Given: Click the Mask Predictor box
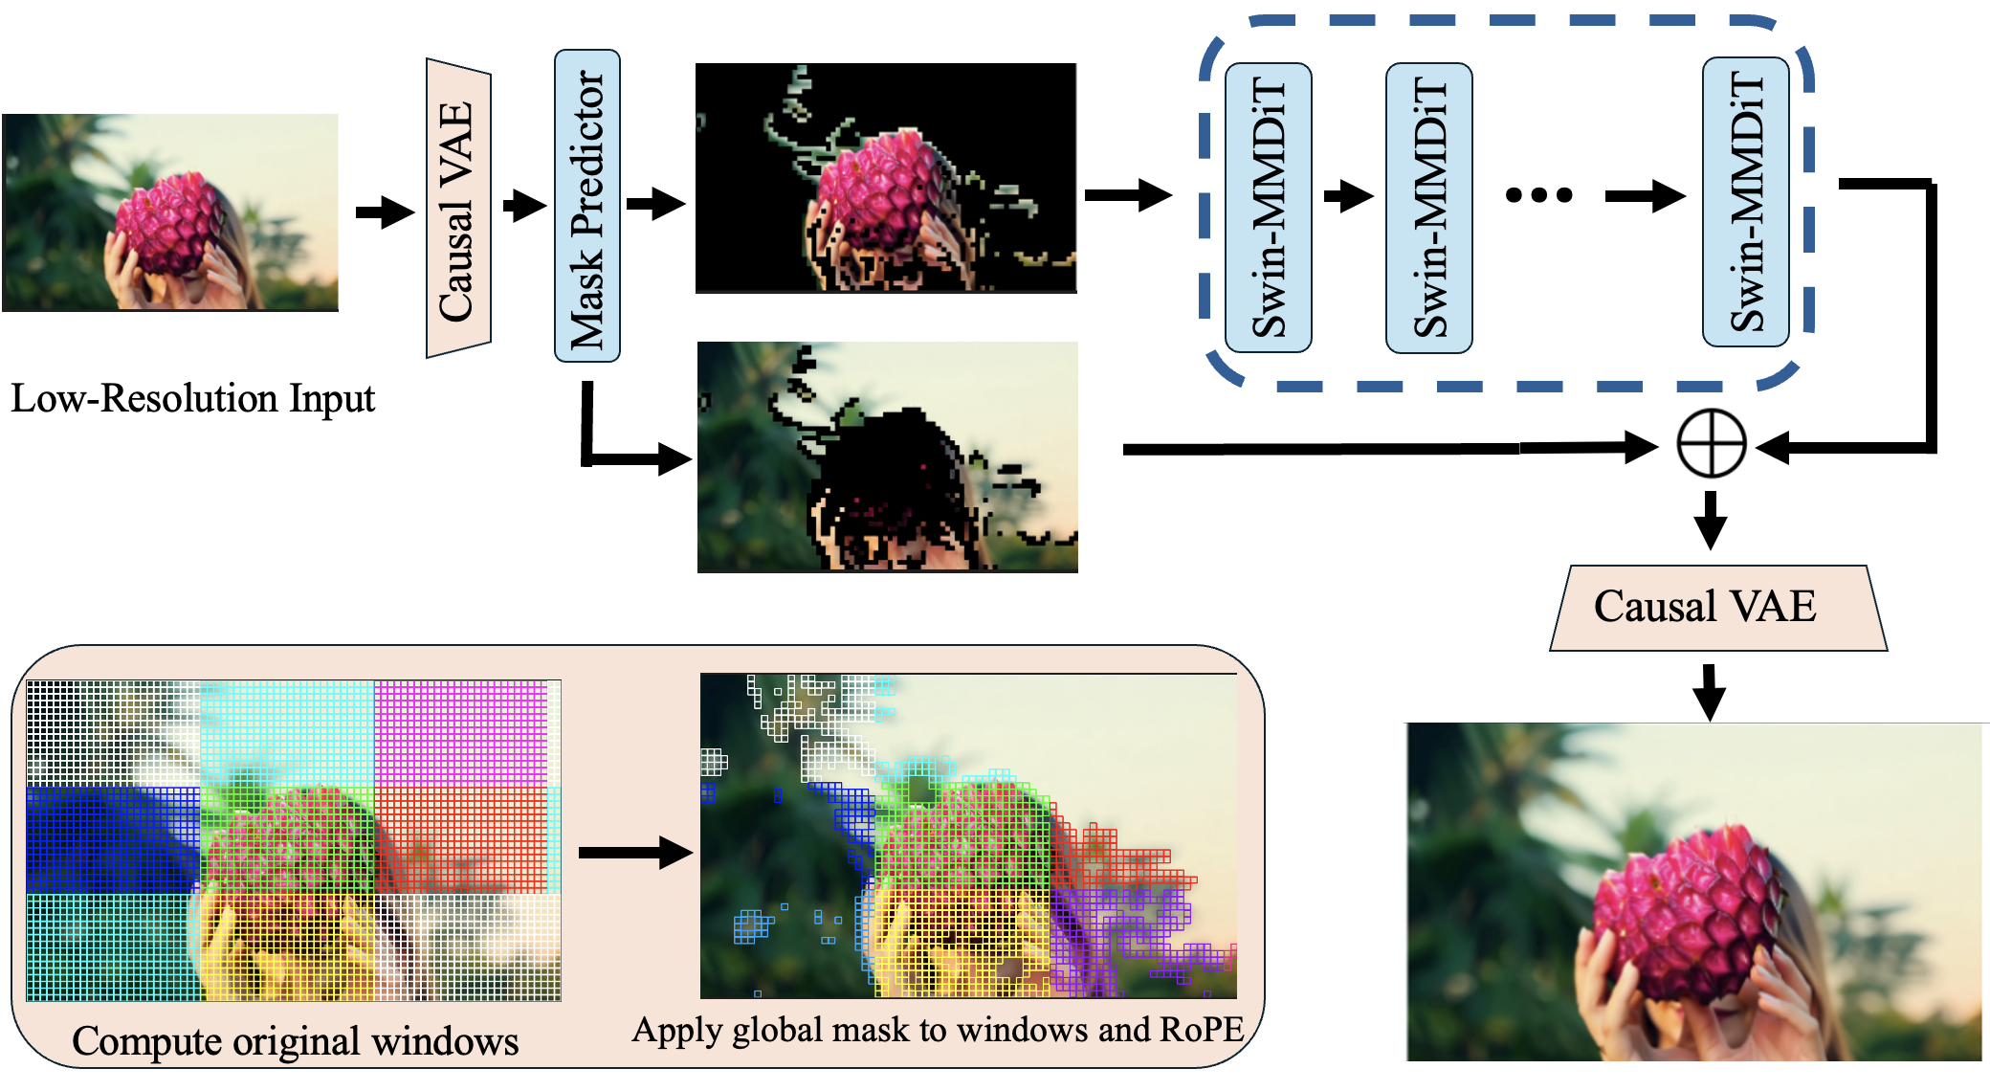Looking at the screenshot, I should coord(587,206).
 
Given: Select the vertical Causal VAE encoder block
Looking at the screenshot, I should coord(458,210).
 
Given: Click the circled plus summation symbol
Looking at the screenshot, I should coord(1712,444).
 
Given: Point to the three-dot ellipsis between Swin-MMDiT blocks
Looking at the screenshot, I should coord(1538,196).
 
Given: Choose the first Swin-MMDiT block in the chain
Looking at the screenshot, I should coord(1269,208).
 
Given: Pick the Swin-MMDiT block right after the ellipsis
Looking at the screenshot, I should coord(1746,203).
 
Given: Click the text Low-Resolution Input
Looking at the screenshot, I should coord(192,398).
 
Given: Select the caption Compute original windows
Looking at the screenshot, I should coord(295,1041).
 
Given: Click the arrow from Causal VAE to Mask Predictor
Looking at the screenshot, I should coord(524,205).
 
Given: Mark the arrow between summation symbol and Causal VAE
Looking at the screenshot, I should coord(1711,521).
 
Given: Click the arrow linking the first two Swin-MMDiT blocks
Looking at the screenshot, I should coord(1348,196).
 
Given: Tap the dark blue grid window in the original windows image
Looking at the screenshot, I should coord(113,839).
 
